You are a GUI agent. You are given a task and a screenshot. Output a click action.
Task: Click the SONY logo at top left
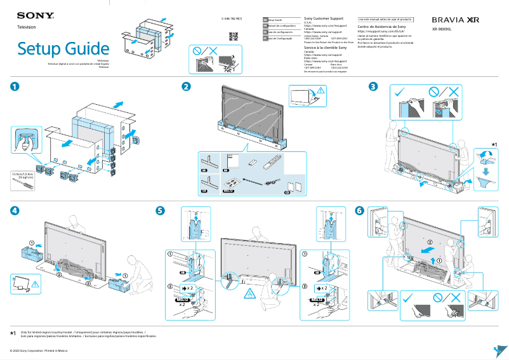[30, 15]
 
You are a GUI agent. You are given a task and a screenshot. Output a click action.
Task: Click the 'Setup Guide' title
[63, 48]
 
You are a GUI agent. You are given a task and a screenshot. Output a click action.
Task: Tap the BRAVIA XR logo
[455, 20]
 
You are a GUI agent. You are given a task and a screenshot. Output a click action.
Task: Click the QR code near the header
[233, 36]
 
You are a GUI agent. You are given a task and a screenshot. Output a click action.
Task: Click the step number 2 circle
[186, 86]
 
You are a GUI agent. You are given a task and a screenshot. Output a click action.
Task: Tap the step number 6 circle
[360, 210]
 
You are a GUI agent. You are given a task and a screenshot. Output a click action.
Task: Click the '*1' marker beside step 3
[494, 145]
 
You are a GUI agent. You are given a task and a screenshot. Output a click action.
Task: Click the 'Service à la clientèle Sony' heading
[326, 48]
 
